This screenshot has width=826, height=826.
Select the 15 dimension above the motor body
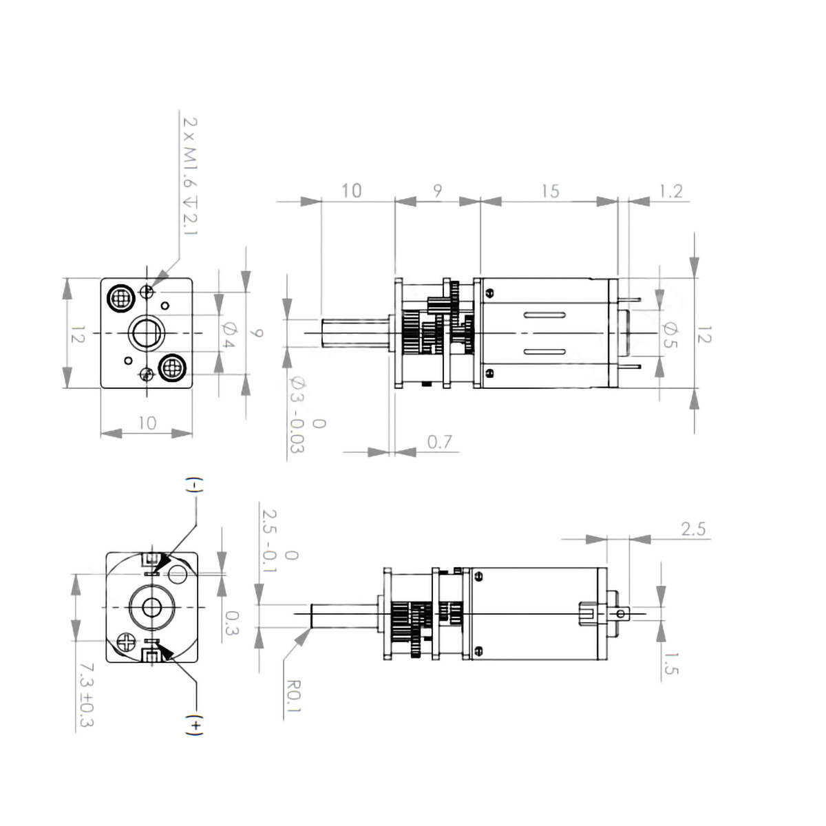click(x=550, y=191)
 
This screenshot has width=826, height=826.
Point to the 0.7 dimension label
click(x=439, y=441)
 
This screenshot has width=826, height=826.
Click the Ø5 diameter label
click(x=668, y=335)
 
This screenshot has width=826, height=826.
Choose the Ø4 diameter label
click(x=229, y=334)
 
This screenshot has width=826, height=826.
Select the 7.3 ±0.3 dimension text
click(x=86, y=695)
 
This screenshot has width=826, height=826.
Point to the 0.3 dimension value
click(x=232, y=623)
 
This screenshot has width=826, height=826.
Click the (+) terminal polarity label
click(x=195, y=725)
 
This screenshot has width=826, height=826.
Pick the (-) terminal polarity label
click(x=195, y=485)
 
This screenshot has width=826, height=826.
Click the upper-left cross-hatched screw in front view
click(x=121, y=298)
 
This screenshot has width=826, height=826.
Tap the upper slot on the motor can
click(x=544, y=315)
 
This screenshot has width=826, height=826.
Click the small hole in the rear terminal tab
click(x=622, y=613)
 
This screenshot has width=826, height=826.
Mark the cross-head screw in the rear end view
click(x=127, y=642)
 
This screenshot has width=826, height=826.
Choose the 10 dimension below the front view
click(x=147, y=423)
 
